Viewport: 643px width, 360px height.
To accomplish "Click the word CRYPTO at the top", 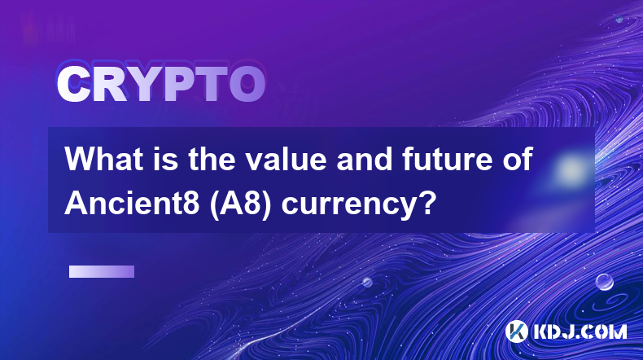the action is (x=161, y=84).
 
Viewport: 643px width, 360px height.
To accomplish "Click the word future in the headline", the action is (x=447, y=159).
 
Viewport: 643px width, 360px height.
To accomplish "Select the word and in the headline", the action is (x=365, y=159).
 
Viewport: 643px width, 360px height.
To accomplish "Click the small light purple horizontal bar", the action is (x=102, y=272).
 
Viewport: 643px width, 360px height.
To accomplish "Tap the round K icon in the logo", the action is (x=517, y=331).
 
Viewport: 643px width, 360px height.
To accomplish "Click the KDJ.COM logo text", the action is (x=580, y=331).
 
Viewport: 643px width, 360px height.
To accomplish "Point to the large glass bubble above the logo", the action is (x=604, y=283).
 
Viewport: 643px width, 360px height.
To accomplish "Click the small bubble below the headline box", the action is (x=367, y=282).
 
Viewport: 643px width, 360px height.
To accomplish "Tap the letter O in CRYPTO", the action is (x=247, y=84).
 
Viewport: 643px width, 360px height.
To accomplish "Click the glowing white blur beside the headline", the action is (x=570, y=169).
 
